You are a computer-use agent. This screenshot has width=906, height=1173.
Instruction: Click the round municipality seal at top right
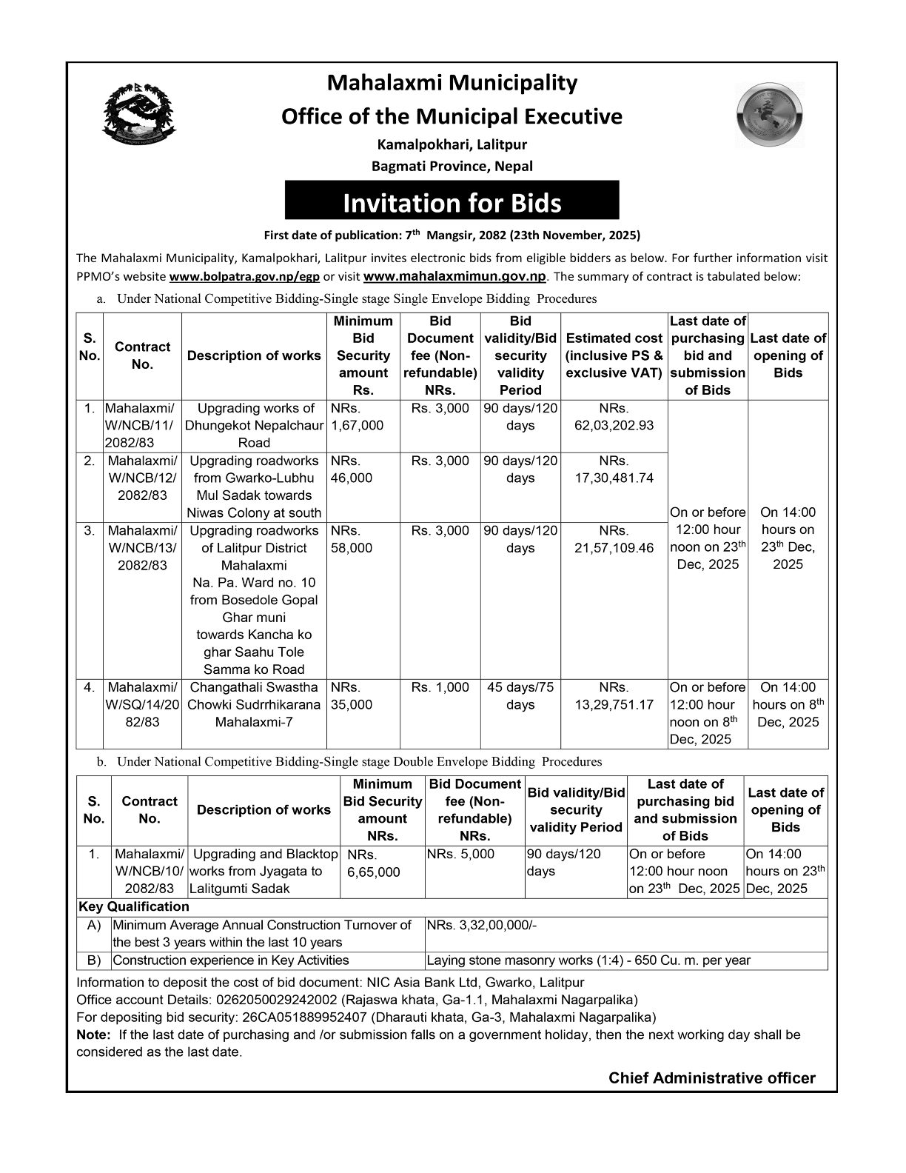pos(769,116)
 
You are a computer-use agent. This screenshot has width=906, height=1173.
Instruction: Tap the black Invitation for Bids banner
pos(452,202)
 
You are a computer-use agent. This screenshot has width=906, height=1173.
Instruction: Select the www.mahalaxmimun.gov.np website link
pos(455,277)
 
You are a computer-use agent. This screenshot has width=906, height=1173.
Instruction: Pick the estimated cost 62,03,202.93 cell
pos(614,426)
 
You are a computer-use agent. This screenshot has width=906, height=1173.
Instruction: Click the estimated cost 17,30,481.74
pos(614,478)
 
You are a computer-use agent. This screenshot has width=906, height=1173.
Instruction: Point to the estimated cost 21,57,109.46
pos(614,548)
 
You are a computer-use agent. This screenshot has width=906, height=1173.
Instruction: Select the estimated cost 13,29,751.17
pos(614,704)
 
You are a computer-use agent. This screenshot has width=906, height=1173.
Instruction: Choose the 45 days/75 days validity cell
pos(520,696)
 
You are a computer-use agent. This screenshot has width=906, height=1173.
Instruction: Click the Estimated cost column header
pos(614,355)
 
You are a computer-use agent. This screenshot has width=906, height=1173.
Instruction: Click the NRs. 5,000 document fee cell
pos(460,854)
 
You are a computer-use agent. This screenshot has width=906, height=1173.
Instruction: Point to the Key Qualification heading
pos(133,906)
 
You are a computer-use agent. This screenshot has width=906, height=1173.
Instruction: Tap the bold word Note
pos(93,1035)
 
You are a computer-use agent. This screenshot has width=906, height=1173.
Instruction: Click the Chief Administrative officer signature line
pos(711,1078)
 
